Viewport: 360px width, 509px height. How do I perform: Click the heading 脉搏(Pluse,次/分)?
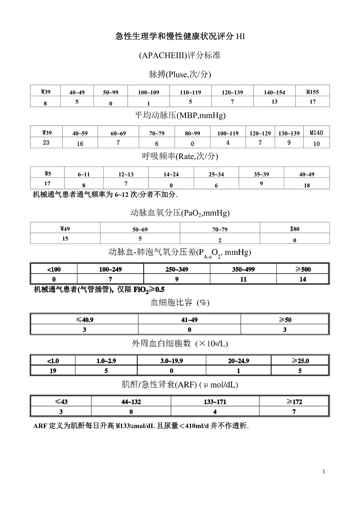pyautogui.click(x=180, y=74)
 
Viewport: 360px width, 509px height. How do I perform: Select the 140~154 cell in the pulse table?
pyautogui.click(x=274, y=93)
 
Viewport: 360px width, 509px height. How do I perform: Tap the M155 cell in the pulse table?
pyautogui.click(x=313, y=92)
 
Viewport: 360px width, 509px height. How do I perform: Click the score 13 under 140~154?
pyautogui.click(x=274, y=102)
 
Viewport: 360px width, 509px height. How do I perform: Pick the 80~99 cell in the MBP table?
pyautogui.click(x=193, y=133)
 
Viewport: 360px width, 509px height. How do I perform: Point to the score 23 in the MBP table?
pyautogui.click(x=46, y=142)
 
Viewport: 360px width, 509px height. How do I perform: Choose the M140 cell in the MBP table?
pyautogui.click(x=317, y=133)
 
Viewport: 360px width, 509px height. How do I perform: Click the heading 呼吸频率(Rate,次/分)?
pyautogui.click(x=180, y=156)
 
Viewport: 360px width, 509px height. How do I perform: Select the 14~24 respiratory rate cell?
pyautogui.click(x=171, y=174)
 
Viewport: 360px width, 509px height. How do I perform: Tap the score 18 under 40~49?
pyautogui.click(x=307, y=185)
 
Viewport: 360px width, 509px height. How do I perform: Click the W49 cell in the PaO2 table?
pyautogui.click(x=65, y=229)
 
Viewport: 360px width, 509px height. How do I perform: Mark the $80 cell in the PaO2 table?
pyautogui.click(x=294, y=229)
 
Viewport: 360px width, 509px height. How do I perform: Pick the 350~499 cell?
pyautogui.click(x=243, y=269)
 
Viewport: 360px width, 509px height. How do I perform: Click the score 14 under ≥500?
pyautogui.click(x=302, y=279)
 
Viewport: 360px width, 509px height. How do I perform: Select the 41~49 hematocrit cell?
pyautogui.click(x=189, y=320)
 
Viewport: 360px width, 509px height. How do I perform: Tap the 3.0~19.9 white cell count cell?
pyautogui.click(x=172, y=361)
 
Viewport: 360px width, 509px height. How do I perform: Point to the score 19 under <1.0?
pyautogui.click(x=53, y=371)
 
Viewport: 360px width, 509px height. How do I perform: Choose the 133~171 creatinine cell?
pyautogui.click(x=215, y=402)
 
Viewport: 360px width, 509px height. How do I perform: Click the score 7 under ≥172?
pyautogui.click(x=294, y=411)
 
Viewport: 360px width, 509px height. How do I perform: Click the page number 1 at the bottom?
pyautogui.click(x=324, y=471)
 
